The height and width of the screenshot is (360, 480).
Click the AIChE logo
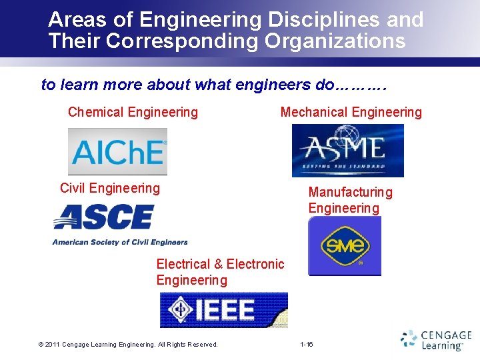(117, 151)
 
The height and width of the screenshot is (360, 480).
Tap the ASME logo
(347, 150)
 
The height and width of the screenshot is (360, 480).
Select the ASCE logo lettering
(103, 217)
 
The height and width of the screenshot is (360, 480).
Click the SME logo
(345, 246)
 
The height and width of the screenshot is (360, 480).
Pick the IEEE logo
(224, 310)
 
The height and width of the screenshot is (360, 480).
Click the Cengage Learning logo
(436, 339)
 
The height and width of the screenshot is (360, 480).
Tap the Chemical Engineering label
(133, 112)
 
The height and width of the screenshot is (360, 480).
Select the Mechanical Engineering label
(351, 112)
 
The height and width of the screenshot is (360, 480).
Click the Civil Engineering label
(110, 188)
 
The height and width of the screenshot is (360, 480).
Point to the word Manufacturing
(350, 192)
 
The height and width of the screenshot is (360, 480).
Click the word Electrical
(183, 264)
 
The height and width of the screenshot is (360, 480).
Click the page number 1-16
(307, 344)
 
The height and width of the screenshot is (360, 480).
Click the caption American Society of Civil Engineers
(120, 242)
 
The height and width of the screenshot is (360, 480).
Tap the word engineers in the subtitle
(269, 85)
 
